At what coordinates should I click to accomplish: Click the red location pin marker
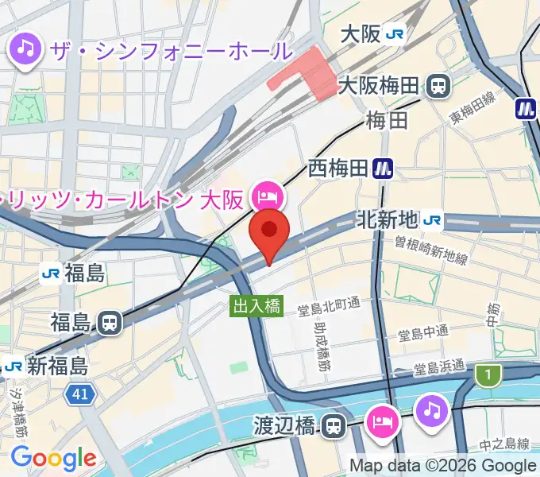tap(269, 232)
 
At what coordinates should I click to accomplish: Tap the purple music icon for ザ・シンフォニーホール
tap(26, 50)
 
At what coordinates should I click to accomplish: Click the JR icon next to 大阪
tap(395, 34)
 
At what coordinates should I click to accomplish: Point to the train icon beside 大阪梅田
tap(438, 85)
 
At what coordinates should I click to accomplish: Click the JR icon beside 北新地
tap(433, 219)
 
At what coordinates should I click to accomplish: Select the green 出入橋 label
tap(256, 306)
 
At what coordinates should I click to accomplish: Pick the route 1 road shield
tap(488, 373)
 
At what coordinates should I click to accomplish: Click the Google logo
tap(53, 458)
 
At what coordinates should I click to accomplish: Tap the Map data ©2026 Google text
tap(442, 466)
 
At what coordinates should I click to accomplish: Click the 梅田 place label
tap(387, 121)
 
